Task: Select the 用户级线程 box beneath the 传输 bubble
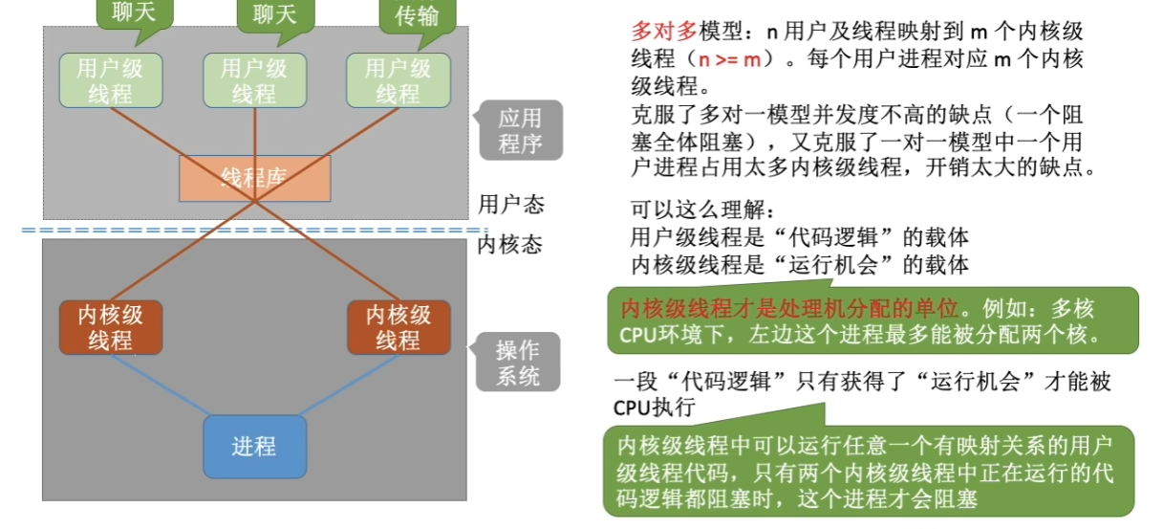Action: point(398,80)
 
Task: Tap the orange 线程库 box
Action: point(254,178)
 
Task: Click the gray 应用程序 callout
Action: point(520,131)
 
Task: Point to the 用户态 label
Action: point(510,205)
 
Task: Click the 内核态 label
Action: point(509,245)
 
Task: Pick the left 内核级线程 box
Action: point(110,327)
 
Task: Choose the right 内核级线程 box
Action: point(398,327)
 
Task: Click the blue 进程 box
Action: point(254,447)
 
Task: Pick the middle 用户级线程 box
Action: point(254,80)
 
